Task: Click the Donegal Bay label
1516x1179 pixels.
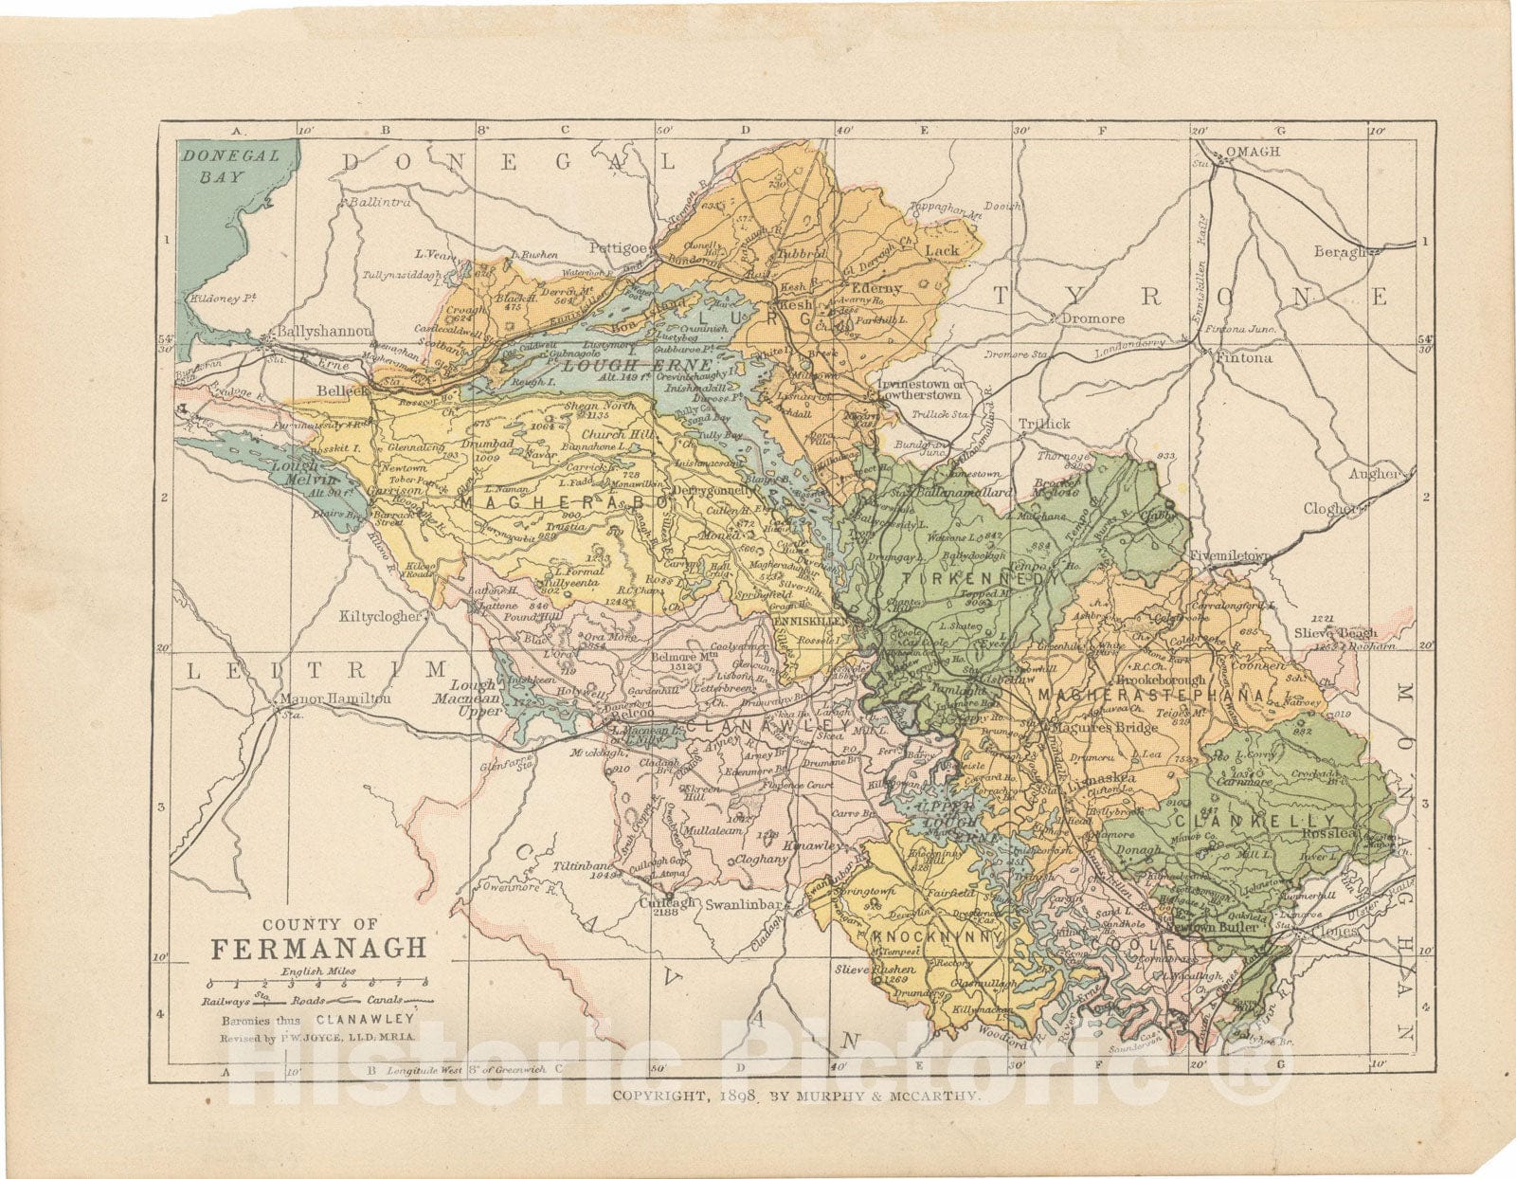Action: point(231,166)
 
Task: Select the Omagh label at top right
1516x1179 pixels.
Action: point(1253,152)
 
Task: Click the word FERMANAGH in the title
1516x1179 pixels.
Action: point(318,949)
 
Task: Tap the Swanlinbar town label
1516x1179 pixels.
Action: point(744,904)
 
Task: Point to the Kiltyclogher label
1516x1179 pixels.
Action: point(381,615)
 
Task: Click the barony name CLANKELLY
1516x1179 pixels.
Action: point(1255,820)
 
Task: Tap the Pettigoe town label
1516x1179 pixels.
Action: point(618,247)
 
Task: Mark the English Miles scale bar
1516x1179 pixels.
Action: point(318,982)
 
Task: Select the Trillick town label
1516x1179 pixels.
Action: point(1044,424)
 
